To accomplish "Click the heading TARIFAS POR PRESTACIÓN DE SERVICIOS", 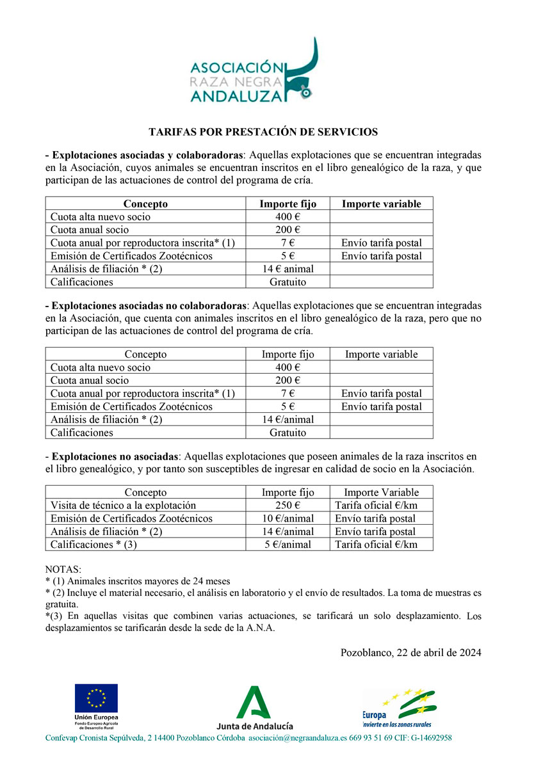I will (263, 132).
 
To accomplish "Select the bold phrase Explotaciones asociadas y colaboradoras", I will (147, 156).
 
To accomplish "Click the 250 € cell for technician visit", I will (288, 506).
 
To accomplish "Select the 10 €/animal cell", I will (288, 518).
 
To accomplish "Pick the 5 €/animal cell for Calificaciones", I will (288, 545).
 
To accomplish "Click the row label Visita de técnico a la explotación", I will (123, 506).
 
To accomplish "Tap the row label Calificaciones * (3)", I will (93, 545).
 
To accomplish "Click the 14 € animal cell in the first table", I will (288, 269).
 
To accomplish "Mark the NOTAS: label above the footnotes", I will (63, 570).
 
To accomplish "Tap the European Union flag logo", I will (96, 698).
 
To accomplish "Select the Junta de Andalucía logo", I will (255, 707).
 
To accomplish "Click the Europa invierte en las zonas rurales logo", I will (398, 708).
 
